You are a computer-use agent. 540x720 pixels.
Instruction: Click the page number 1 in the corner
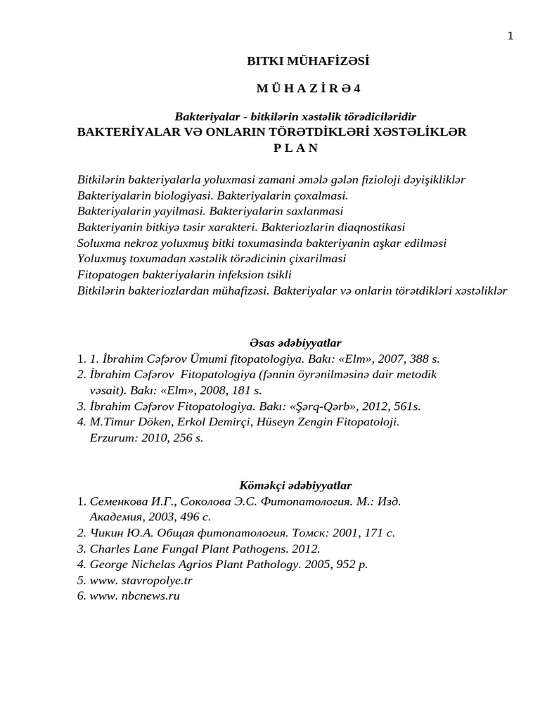click(510, 36)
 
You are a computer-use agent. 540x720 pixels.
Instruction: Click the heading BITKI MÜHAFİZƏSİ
click(308, 61)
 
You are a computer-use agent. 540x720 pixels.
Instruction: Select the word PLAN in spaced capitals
click(295, 148)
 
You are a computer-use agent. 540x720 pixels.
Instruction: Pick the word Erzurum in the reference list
click(111, 437)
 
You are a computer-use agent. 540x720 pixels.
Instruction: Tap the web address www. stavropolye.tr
click(141, 580)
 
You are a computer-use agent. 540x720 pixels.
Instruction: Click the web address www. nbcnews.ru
click(135, 596)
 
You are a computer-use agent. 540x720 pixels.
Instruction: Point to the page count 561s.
click(406, 406)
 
